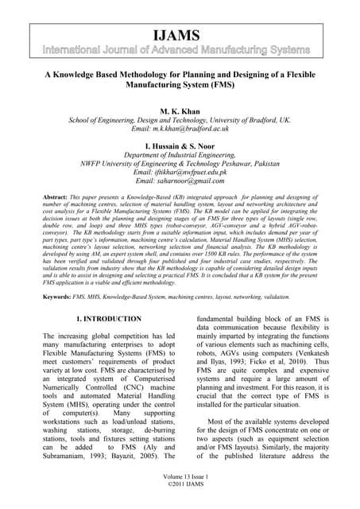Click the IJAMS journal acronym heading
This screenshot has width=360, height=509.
[180, 36]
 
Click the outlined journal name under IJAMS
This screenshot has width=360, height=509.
[180, 51]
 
